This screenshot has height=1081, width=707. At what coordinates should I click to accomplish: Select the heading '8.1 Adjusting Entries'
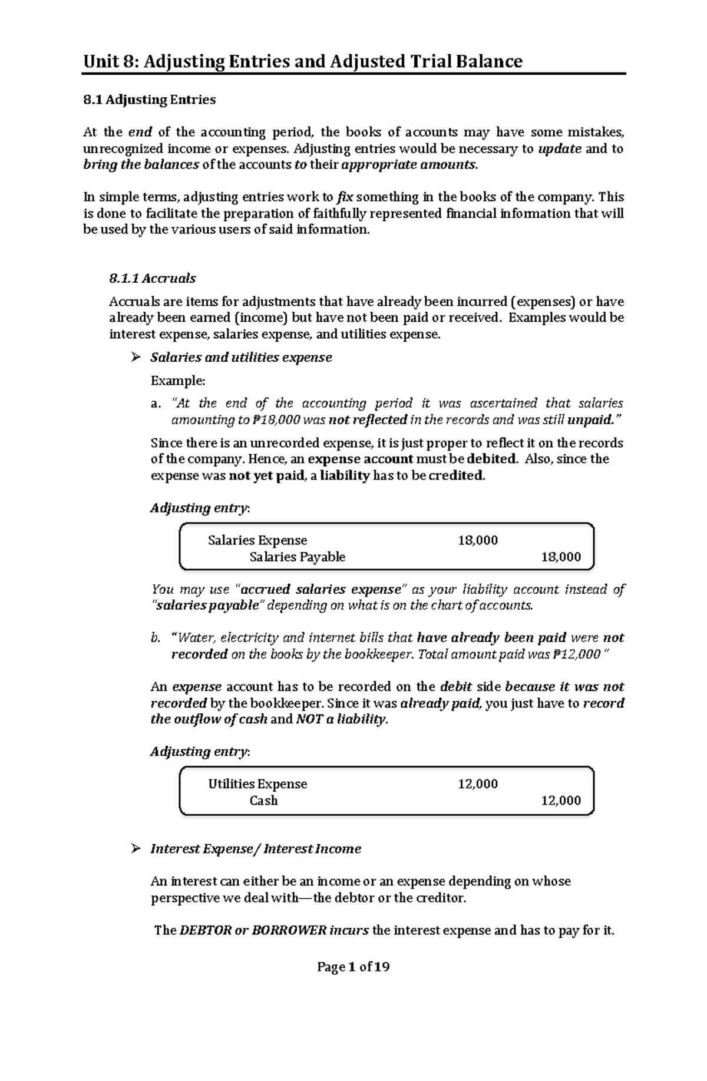click(x=149, y=100)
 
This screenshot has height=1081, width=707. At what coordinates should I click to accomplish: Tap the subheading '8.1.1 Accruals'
click(x=153, y=278)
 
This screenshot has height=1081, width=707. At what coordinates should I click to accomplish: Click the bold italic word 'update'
click(x=560, y=148)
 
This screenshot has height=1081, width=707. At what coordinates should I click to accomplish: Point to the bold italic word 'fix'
click(x=345, y=197)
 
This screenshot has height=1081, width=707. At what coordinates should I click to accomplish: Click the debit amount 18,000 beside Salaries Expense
click(x=477, y=540)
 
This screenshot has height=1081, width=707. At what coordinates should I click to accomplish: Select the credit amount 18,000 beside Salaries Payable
click(x=560, y=557)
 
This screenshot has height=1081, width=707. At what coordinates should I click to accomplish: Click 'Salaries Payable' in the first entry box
click(x=297, y=557)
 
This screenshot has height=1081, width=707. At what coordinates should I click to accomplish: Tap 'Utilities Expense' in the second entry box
click(x=257, y=784)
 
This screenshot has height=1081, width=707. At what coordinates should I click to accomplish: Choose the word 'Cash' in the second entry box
click(x=263, y=800)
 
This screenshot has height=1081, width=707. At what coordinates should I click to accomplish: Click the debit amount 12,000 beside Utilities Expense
click(x=477, y=784)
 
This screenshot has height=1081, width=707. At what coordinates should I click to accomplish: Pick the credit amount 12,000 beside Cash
click(x=560, y=800)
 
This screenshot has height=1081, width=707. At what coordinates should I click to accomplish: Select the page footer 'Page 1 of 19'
click(x=353, y=967)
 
